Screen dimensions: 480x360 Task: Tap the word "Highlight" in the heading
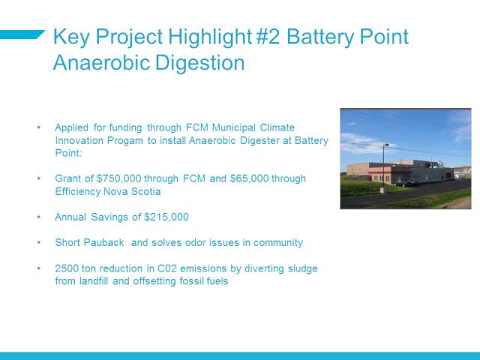[x=210, y=37]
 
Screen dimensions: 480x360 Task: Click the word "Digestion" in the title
[x=200, y=63]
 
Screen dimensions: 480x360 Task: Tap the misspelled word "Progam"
[x=125, y=141]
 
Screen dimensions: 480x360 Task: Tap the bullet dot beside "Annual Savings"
[x=38, y=217]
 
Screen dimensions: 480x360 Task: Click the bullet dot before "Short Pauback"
[x=38, y=242]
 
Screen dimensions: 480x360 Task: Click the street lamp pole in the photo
[x=383, y=166]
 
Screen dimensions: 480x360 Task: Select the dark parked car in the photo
[x=406, y=183]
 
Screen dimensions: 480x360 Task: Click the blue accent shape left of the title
[x=22, y=34]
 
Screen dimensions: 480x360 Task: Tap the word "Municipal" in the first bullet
[x=233, y=127]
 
